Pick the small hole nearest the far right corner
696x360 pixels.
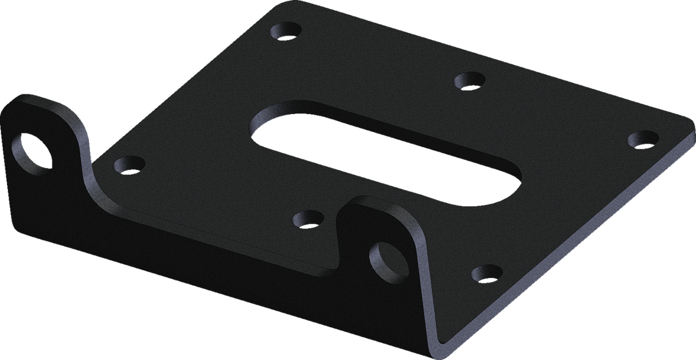coord(643,139)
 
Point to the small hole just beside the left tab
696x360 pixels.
coord(129,165)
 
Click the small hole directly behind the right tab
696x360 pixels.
coord(308,218)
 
